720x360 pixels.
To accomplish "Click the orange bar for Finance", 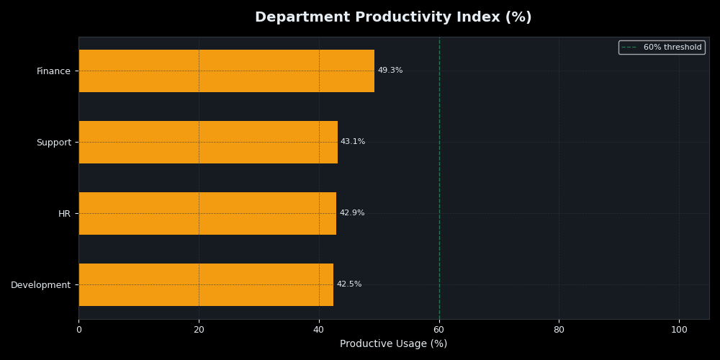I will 226,71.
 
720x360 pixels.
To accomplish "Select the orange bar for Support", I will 208,142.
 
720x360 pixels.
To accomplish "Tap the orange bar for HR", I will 207,213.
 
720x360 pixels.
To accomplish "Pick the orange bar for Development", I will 206,284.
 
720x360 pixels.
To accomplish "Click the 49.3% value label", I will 390,71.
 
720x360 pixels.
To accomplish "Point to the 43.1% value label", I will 353,142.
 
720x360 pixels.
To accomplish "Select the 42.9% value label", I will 352,213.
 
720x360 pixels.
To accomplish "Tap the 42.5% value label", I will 349,284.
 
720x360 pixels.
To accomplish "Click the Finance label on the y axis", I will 53,71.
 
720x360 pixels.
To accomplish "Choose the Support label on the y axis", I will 53,143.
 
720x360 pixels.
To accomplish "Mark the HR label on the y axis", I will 64,214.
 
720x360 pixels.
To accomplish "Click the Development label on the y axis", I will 40,285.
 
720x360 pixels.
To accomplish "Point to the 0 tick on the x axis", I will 78,330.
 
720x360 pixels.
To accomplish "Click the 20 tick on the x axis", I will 199,330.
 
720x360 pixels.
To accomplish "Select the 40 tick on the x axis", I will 319,330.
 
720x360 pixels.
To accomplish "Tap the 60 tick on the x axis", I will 439,330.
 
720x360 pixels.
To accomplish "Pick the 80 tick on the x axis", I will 559,330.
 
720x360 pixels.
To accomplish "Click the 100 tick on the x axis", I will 679,330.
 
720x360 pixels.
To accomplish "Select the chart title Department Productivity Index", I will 393,17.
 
